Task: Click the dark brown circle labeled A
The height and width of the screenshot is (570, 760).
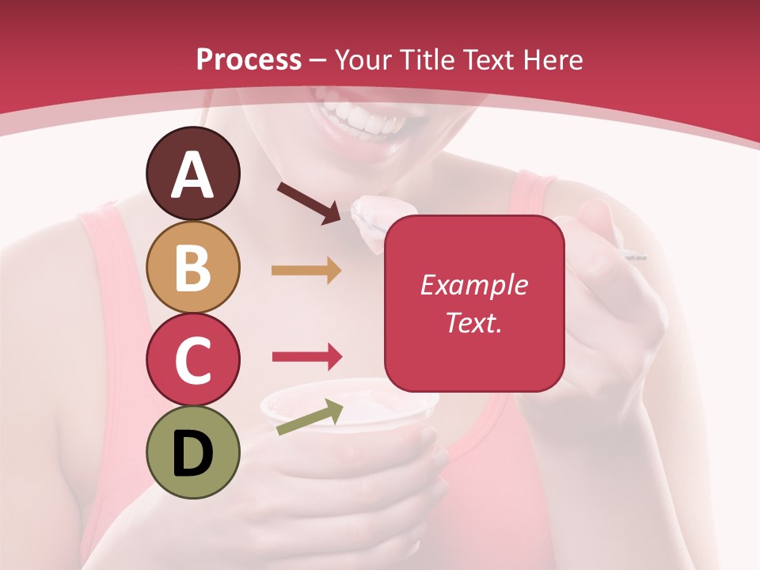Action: coord(192,173)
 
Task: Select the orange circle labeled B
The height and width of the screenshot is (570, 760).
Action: coord(192,267)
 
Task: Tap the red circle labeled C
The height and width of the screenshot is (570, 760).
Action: coord(192,359)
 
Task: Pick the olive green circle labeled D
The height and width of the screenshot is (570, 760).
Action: coord(192,452)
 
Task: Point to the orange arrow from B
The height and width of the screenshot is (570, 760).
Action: coord(306,271)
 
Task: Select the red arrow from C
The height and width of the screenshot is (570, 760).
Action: coord(306,357)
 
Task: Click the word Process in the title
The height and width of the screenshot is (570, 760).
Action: coord(249,59)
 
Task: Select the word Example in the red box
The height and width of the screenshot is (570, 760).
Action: coord(473,285)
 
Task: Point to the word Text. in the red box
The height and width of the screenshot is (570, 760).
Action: coord(473,322)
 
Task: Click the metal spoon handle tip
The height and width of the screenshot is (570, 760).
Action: coord(638,256)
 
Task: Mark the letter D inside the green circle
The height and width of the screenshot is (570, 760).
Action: coord(192,454)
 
